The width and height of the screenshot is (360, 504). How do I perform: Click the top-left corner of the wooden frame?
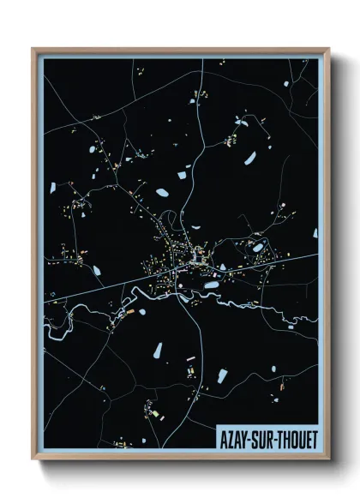coord(33,49)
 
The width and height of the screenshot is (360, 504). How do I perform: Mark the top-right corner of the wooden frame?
coord(328,49)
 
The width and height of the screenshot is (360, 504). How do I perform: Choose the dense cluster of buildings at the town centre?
coord(184,257)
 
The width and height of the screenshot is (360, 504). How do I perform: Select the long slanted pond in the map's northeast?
coord(249,158)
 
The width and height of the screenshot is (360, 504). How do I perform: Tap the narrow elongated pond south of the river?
coord(158,351)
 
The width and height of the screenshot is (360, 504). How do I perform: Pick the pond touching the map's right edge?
coord(315,232)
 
